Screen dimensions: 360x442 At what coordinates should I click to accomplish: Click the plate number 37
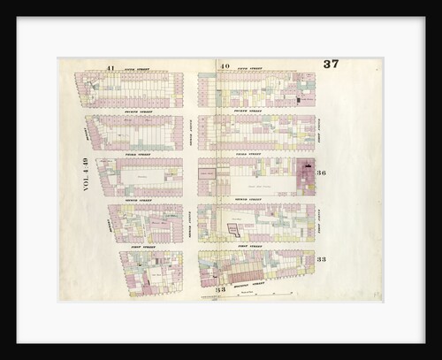tap(331, 64)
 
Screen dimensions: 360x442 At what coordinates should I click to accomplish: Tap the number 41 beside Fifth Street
tap(110, 67)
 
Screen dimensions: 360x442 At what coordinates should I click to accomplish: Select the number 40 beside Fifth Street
tap(225, 66)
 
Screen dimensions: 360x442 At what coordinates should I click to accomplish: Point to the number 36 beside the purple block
tap(322, 172)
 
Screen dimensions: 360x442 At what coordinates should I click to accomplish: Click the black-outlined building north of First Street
tap(234, 229)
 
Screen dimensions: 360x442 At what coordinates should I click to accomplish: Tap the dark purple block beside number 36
tap(306, 177)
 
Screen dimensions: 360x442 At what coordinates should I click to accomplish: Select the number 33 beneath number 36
tap(322, 259)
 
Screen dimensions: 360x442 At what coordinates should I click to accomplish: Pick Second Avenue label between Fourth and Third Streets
tap(190, 132)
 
